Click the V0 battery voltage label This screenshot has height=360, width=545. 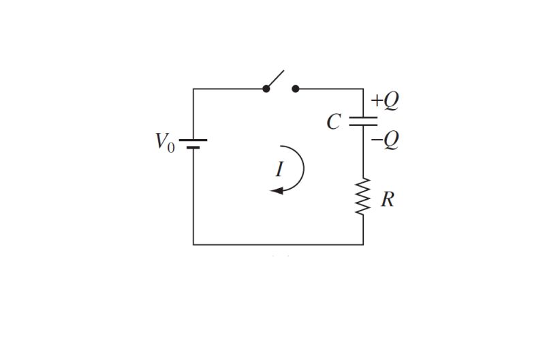(164, 142)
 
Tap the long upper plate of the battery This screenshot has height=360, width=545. (193, 140)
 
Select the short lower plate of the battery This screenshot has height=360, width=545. (193, 147)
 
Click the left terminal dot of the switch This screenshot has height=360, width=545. (266, 89)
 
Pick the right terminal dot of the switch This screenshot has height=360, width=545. (295, 89)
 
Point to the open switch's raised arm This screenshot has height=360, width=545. (275, 79)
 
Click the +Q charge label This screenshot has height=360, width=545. (384, 101)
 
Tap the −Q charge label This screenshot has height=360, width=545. (385, 140)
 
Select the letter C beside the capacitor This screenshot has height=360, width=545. (333, 122)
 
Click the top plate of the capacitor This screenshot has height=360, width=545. (363, 118)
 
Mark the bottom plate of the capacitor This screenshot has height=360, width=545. (363, 125)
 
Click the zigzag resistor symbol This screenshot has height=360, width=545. (363, 196)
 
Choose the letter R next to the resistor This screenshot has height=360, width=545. (387, 200)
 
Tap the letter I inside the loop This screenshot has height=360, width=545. (279, 168)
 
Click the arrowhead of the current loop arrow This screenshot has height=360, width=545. (276, 191)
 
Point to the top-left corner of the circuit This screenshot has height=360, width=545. (193, 89)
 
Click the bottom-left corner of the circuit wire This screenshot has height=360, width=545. (193, 244)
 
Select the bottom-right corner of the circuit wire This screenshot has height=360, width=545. (363, 244)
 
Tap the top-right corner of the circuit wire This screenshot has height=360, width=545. (363, 89)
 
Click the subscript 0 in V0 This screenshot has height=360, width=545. (171, 147)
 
